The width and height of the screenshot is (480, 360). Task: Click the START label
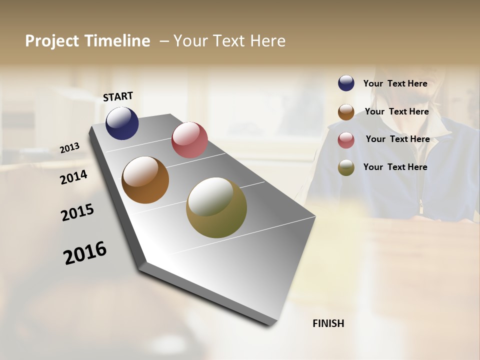pyautogui.click(x=118, y=96)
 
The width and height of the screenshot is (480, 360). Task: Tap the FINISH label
pyautogui.click(x=328, y=323)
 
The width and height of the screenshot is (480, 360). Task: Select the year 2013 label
pyautogui.click(x=70, y=148)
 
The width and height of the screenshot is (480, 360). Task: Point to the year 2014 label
pyautogui.click(x=74, y=177)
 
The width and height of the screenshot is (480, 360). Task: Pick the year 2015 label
pyautogui.click(x=77, y=212)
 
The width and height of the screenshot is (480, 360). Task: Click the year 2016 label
pyautogui.click(x=85, y=253)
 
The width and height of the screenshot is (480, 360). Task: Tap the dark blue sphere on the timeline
pyautogui.click(x=122, y=123)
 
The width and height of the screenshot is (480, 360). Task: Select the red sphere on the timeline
pyautogui.click(x=189, y=140)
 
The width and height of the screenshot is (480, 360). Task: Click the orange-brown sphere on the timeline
pyautogui.click(x=145, y=180)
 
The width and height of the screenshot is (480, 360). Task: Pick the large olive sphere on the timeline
pyautogui.click(x=216, y=207)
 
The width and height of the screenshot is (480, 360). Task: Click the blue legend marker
pyautogui.click(x=346, y=83)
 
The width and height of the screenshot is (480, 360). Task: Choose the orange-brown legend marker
pyautogui.click(x=346, y=112)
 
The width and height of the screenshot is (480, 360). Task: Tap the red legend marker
pyautogui.click(x=346, y=140)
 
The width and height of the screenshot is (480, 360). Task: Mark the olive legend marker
pyautogui.click(x=346, y=168)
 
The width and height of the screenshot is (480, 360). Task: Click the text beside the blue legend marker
pyautogui.click(x=395, y=83)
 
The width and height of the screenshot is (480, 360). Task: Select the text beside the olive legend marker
pyautogui.click(x=395, y=167)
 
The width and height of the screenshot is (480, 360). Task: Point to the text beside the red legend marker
pyautogui.click(x=397, y=139)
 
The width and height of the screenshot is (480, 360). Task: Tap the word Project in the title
pyautogui.click(x=52, y=41)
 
